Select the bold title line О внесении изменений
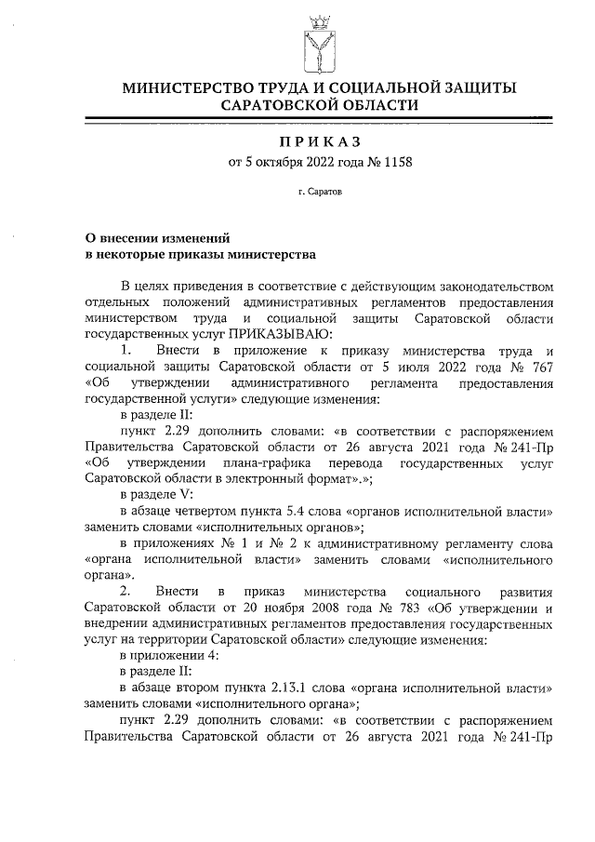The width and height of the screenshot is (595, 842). (151, 237)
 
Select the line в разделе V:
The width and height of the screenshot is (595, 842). (156, 494)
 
